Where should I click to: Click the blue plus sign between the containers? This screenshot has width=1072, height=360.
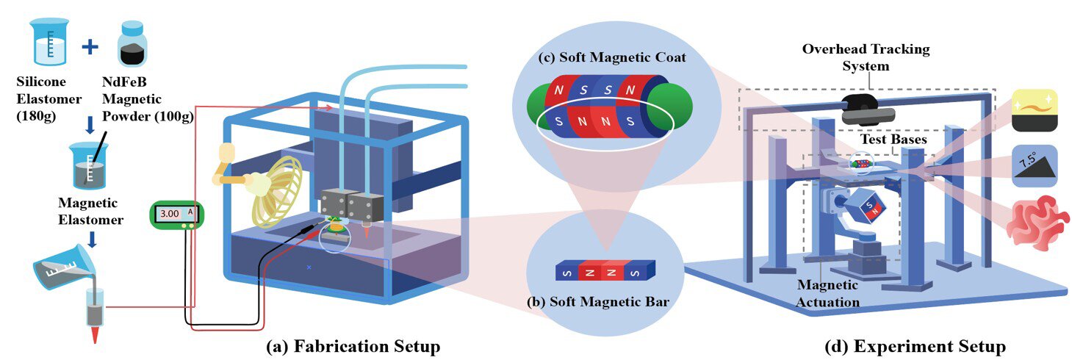tap(89, 47)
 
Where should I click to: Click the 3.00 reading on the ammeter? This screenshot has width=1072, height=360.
tap(170, 214)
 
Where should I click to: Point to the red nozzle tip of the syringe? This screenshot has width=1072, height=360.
tap(96, 334)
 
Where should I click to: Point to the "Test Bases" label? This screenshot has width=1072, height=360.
tap(893, 139)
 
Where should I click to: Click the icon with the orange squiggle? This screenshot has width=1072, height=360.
tap(1035, 110)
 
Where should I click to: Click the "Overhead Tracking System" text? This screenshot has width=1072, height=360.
tap(865, 57)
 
